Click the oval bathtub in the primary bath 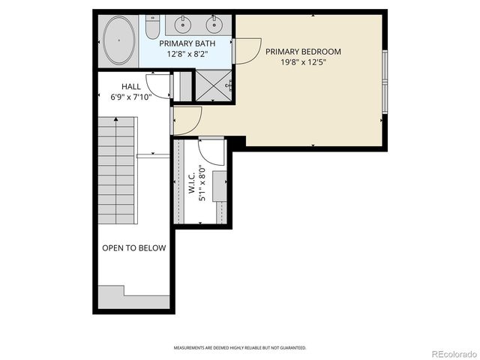coord(119,40)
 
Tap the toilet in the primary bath coord(152,28)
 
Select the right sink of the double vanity coord(214,25)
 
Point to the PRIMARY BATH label coord(187,43)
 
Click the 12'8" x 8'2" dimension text coord(187,53)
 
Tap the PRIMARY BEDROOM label coord(303,52)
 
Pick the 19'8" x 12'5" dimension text coord(303,62)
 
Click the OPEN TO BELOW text coord(133,248)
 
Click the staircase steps coord(117,172)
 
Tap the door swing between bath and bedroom coord(245,49)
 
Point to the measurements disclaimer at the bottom coord(240,348)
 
